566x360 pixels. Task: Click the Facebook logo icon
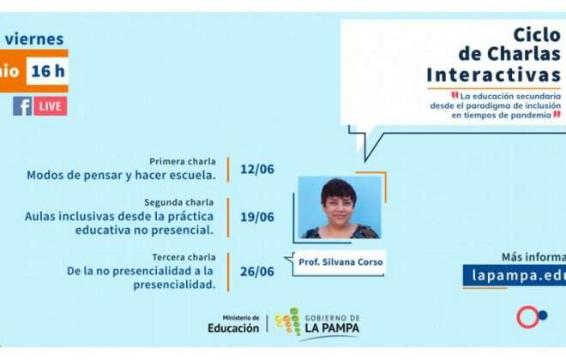click(21, 106)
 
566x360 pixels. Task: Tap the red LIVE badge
click(51, 106)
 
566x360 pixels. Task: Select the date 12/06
click(257, 169)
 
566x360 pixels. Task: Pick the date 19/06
click(257, 217)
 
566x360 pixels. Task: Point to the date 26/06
click(257, 272)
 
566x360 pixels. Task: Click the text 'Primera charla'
click(183, 161)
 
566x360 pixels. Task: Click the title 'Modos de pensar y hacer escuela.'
click(121, 175)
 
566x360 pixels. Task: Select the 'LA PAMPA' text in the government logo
click(331, 328)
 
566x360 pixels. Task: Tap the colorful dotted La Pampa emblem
click(293, 322)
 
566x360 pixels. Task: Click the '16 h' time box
click(47, 71)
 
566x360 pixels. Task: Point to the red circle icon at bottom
click(527, 317)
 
